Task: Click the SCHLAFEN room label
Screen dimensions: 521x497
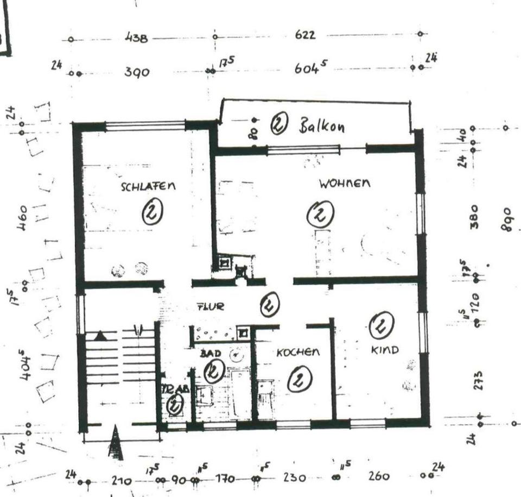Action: click(x=148, y=186)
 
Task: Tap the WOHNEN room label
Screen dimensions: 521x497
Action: click(x=345, y=184)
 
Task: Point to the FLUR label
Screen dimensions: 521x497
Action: click(x=210, y=307)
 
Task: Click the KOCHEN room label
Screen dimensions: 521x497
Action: click(x=298, y=353)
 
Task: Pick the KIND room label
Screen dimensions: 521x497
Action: click(x=385, y=350)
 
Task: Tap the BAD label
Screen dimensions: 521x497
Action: click(x=210, y=354)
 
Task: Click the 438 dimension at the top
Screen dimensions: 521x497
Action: click(x=136, y=39)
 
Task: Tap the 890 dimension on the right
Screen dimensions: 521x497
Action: click(x=506, y=219)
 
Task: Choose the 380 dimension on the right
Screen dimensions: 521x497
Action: click(x=474, y=216)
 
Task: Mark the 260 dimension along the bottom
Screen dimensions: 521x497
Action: click(x=378, y=476)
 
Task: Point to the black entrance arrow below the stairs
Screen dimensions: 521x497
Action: click(x=116, y=442)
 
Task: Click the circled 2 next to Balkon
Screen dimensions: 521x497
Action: click(x=278, y=124)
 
